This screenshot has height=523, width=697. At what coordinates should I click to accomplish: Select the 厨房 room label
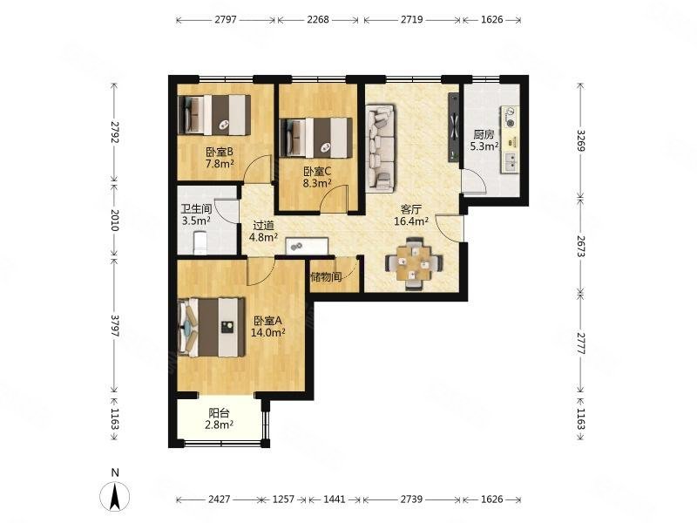(x=484, y=134)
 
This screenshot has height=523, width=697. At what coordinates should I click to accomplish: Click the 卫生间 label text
(x=196, y=208)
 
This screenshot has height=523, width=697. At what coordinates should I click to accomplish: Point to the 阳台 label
(x=220, y=413)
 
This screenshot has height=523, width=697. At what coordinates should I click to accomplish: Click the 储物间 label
(x=326, y=277)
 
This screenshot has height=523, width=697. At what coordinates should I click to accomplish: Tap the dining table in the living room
(x=414, y=263)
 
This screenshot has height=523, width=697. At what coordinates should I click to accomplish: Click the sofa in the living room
(x=380, y=148)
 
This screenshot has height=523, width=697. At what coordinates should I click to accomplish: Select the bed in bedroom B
(x=214, y=115)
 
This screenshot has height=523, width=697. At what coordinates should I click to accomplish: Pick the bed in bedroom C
(x=316, y=138)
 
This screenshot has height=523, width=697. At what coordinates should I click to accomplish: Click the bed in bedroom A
(x=212, y=328)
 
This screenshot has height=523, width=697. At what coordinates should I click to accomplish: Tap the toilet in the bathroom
(x=200, y=242)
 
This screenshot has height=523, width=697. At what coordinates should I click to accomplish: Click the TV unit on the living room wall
(x=453, y=127)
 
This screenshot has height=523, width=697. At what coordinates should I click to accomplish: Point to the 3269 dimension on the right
(x=580, y=140)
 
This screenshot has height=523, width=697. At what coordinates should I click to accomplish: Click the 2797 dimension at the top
(x=226, y=19)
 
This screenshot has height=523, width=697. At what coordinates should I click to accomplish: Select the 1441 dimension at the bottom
(x=335, y=499)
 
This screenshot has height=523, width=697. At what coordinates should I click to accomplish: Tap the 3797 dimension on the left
(x=115, y=326)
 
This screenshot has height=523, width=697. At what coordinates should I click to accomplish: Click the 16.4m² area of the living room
(x=411, y=221)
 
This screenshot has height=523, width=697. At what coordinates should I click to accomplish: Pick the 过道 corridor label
(x=264, y=226)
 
